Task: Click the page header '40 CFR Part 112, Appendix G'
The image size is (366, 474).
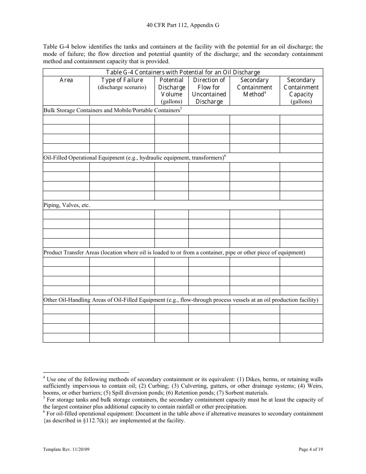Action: (183, 25)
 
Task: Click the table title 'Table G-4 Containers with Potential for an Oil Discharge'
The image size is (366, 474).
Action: (183, 72)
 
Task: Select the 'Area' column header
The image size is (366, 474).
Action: (66, 80)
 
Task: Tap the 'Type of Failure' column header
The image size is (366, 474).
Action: (122, 80)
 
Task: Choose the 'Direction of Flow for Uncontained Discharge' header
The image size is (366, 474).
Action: (209, 91)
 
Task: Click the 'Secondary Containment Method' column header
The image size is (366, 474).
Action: (254, 87)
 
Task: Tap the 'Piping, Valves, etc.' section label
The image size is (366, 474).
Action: (67, 205)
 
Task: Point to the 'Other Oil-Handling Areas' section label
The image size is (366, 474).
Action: (181, 300)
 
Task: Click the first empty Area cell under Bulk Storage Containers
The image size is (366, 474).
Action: (66, 120)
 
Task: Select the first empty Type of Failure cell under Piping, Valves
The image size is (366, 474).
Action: (122, 215)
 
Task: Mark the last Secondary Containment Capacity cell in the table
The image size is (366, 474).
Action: (301, 338)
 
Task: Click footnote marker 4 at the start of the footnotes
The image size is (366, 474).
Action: (44, 378)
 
